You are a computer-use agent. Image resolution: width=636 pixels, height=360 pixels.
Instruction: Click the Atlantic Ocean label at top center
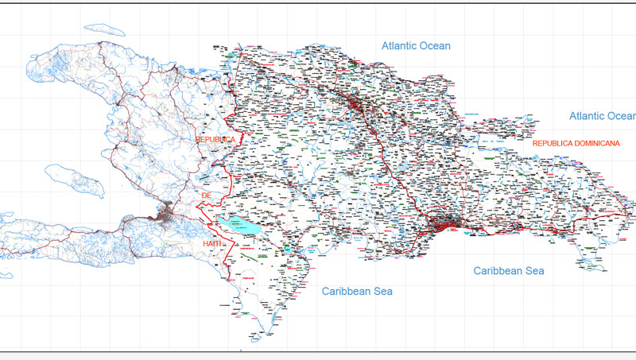pyautogui.click(x=416, y=46)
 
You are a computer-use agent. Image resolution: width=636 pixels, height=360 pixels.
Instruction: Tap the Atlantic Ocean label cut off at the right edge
pyautogui.click(x=602, y=116)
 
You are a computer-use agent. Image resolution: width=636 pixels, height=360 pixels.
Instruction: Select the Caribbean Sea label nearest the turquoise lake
pyautogui.click(x=357, y=292)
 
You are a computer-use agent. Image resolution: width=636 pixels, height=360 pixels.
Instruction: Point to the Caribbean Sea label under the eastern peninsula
pyautogui.click(x=509, y=271)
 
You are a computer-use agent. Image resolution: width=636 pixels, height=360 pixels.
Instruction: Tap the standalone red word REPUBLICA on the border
pyautogui.click(x=216, y=139)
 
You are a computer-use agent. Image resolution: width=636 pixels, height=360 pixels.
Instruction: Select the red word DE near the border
pyautogui.click(x=207, y=195)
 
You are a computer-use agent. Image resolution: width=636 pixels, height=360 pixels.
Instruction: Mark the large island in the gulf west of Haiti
pyautogui.click(x=76, y=180)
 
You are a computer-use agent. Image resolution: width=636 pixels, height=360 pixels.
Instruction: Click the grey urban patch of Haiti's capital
pyautogui.click(x=169, y=212)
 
